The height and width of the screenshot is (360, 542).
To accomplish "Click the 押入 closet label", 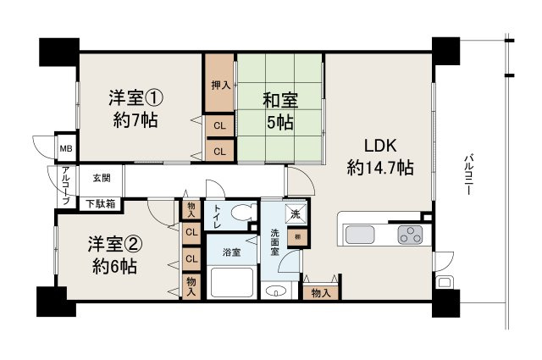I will (219, 85).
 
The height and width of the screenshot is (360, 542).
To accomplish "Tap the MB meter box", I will (64, 147).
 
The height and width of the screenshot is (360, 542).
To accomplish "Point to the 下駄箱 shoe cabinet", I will (102, 203).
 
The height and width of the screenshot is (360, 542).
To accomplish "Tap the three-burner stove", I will (411, 234).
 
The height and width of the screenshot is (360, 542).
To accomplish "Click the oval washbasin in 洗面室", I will (277, 292).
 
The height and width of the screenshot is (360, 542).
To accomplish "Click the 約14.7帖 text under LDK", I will (380, 168).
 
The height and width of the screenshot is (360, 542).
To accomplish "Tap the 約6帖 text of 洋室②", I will (113, 265).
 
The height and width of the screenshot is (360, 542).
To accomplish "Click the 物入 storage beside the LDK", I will (320, 293).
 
